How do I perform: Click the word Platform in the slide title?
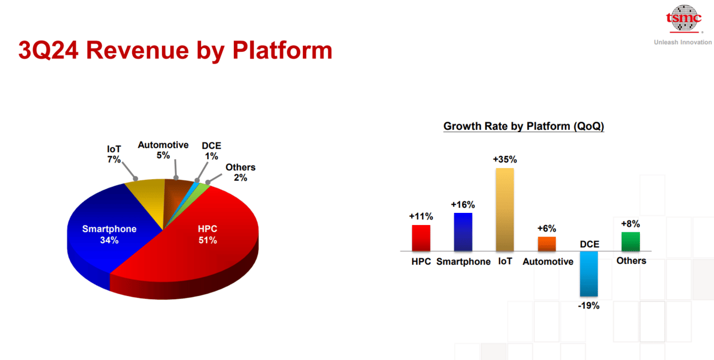[x=282, y=50]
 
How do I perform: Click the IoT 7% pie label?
[x=114, y=154]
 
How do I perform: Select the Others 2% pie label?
[x=240, y=172]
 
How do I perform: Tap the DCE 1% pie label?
[x=211, y=151]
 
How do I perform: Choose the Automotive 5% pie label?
[x=163, y=150]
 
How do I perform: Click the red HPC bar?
[x=421, y=238]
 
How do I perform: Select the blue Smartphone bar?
[x=463, y=232]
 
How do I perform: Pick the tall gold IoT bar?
[x=505, y=210]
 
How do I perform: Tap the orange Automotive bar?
[x=547, y=244]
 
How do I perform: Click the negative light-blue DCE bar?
[x=589, y=274]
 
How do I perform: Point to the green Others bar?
[x=631, y=242]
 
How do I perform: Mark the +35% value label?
[x=505, y=159]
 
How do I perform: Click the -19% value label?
[x=589, y=305]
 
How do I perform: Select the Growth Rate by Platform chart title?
[x=524, y=126]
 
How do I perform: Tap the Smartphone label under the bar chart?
[x=464, y=262]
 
